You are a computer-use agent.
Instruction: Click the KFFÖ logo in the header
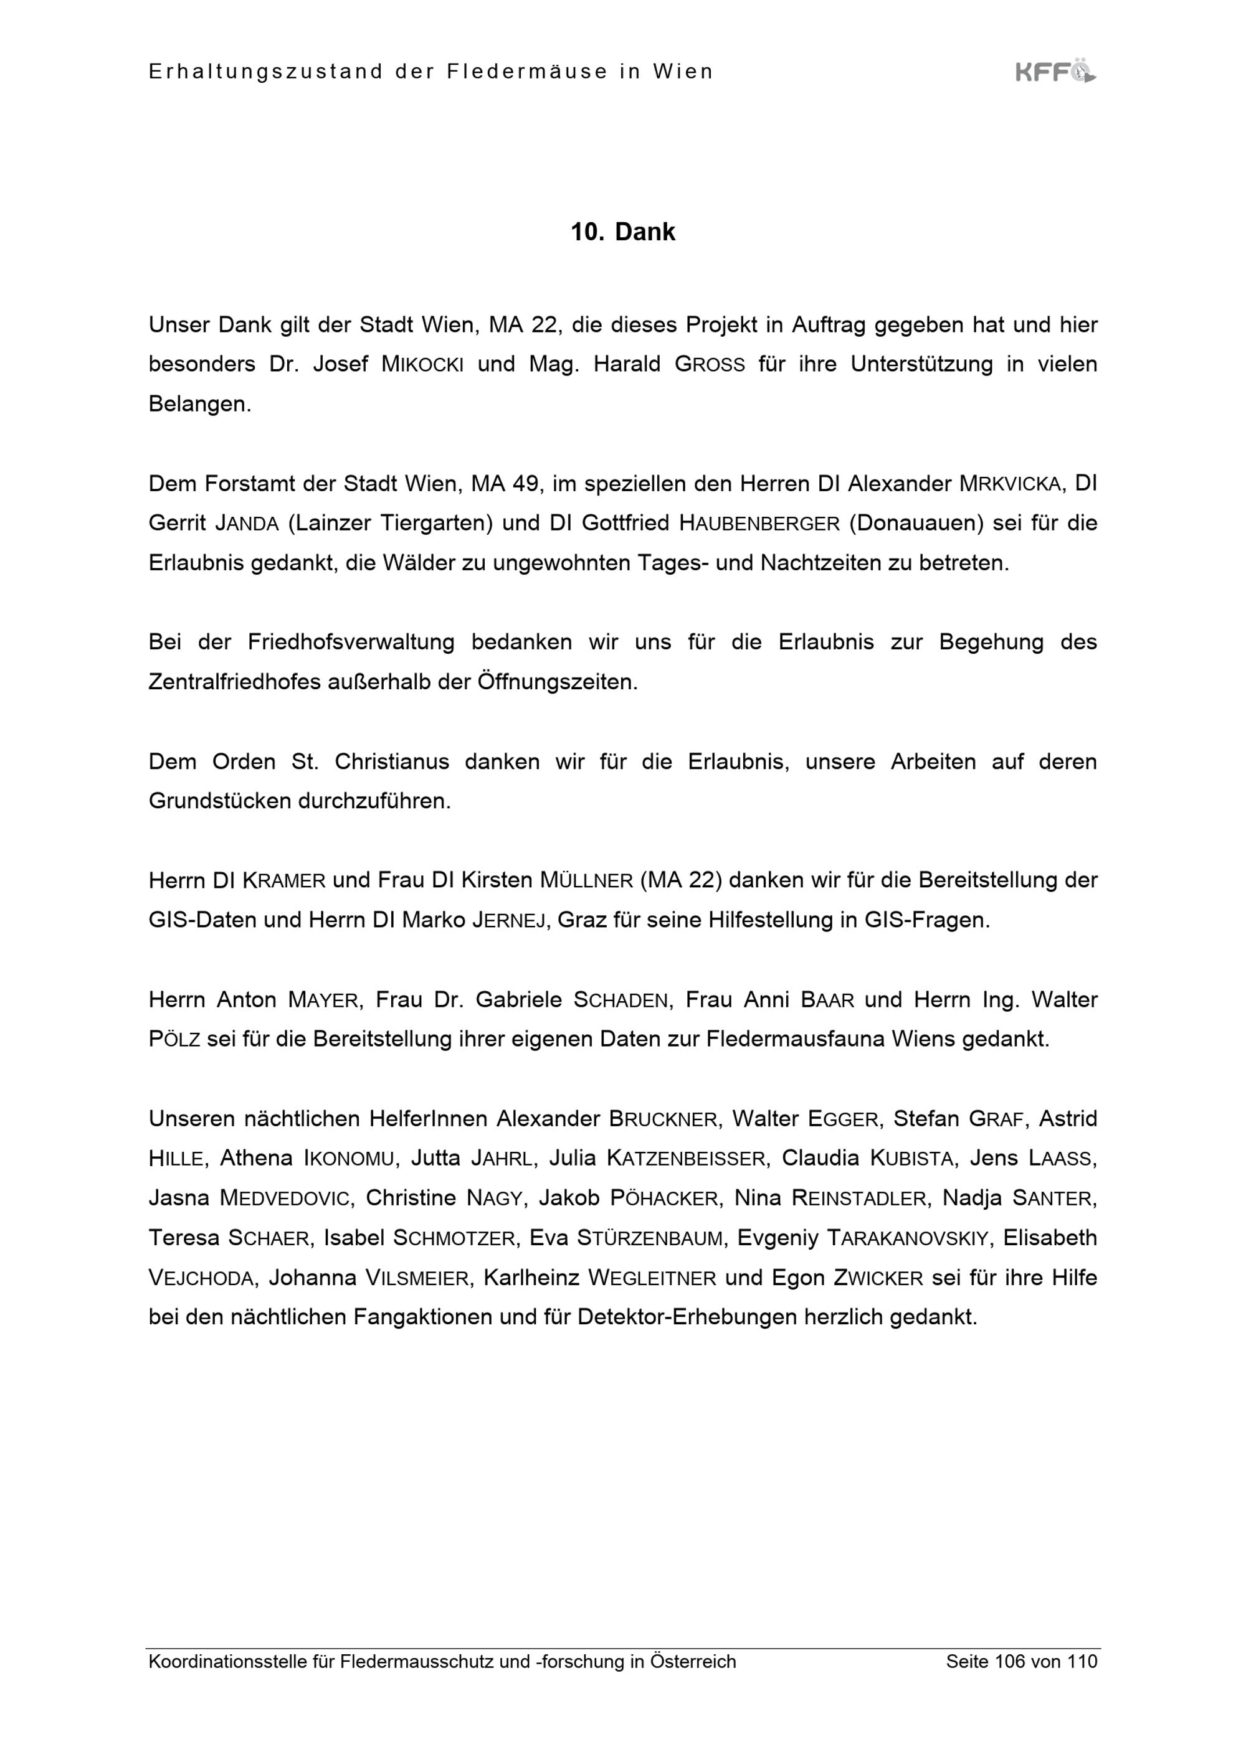coord(1055,72)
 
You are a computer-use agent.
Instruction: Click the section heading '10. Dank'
coord(622,232)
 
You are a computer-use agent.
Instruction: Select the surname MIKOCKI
coord(422,364)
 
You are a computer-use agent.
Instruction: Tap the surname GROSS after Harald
coord(710,364)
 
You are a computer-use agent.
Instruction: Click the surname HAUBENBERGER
coord(759,524)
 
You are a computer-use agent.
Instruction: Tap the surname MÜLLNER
coord(586,880)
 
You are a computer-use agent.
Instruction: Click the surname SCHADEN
coord(621,1001)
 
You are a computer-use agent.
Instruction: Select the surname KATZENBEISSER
coord(687,1159)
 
